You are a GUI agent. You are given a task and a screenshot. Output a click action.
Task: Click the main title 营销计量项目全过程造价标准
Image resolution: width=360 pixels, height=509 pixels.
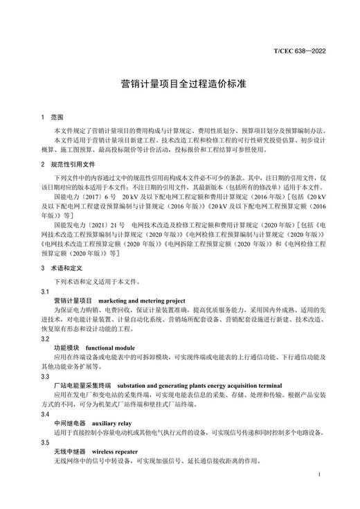pos(179,84)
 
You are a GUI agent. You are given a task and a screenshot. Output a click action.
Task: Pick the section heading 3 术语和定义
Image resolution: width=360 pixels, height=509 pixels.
pos(63,267)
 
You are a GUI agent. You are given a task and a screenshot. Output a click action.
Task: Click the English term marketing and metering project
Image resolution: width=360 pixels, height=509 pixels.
pos(142,301)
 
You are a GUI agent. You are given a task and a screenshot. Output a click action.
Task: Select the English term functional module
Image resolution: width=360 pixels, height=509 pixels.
pos(109,348)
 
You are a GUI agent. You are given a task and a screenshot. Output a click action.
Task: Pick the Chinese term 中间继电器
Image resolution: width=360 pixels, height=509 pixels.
pos(69,422)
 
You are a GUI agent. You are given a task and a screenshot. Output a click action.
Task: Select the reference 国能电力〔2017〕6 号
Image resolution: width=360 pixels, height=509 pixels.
pos(85,197)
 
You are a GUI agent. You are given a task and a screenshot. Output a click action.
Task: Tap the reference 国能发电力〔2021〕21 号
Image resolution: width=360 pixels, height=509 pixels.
pos(89,225)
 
